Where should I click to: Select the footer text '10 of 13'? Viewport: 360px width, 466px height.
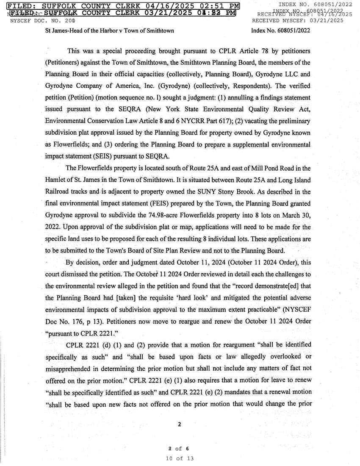(180, 458)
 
